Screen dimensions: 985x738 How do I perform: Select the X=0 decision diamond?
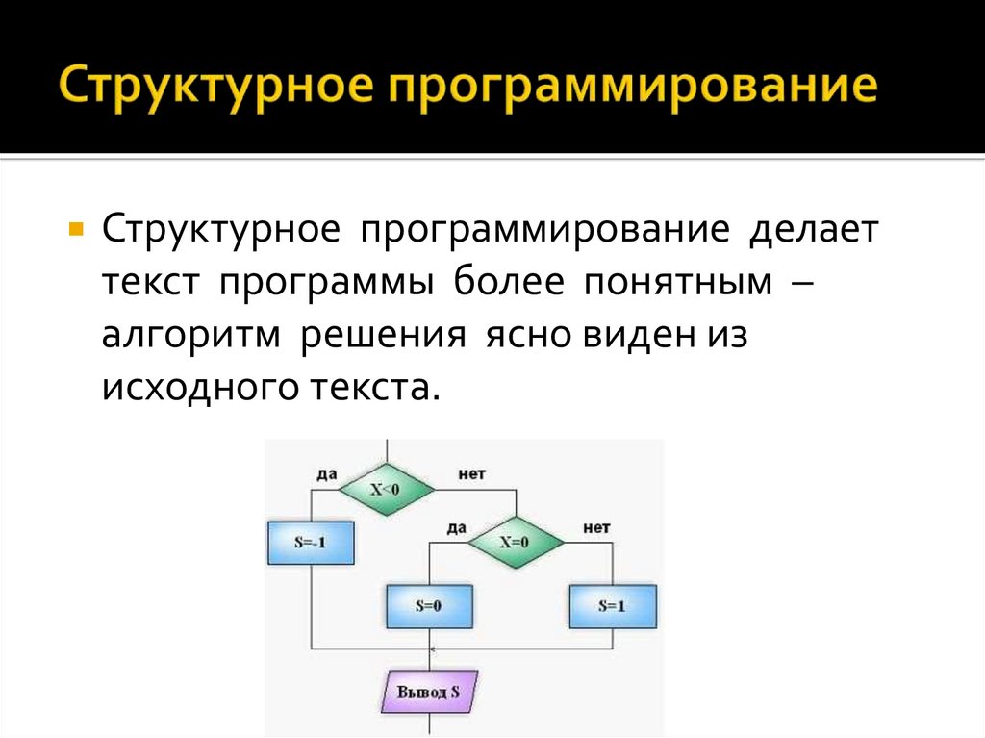point(515,542)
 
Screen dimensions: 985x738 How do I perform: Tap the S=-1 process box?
point(310,542)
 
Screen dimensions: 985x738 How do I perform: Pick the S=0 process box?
point(429,606)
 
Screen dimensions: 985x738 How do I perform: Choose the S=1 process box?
point(613,606)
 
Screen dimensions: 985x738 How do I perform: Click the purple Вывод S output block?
point(429,692)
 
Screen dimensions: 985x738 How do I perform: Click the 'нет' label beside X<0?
point(471,474)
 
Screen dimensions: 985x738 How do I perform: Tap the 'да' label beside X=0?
point(456,527)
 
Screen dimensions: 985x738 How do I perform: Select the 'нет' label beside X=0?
point(596,527)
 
